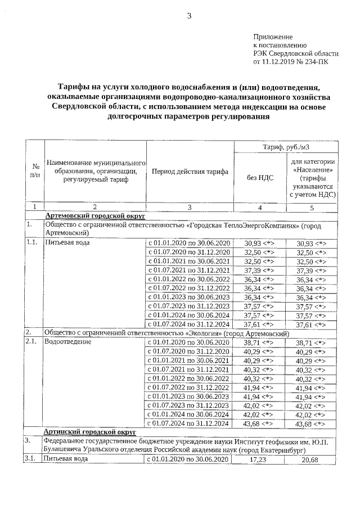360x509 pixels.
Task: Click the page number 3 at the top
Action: tap(190, 16)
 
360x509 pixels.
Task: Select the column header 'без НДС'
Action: tap(260, 177)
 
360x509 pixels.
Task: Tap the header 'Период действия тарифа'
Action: tap(189, 172)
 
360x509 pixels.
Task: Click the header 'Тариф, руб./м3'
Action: tap(286, 147)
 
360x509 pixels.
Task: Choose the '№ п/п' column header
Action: tap(35, 172)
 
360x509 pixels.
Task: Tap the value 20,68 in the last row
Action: tap(311, 460)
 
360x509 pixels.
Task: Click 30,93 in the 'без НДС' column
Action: tap(259, 243)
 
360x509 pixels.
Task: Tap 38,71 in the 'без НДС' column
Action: tap(259, 342)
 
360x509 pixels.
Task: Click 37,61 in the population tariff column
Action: tap(311, 325)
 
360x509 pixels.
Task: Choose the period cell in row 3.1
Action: tap(189, 460)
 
